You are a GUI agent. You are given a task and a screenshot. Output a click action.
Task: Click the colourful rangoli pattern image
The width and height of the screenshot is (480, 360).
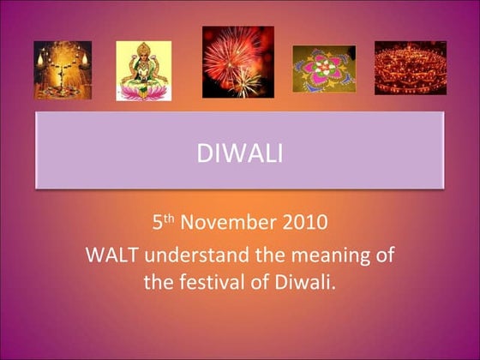[324, 69]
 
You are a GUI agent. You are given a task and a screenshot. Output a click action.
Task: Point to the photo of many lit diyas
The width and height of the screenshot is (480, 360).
[410, 68]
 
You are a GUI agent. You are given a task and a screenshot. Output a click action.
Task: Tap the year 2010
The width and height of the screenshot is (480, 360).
[307, 225]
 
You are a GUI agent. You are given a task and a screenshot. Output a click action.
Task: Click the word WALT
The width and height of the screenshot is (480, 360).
[109, 255]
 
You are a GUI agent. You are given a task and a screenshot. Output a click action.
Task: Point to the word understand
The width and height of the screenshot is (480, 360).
[191, 255]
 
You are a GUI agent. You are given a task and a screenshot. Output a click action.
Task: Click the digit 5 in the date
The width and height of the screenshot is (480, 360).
[158, 225]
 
